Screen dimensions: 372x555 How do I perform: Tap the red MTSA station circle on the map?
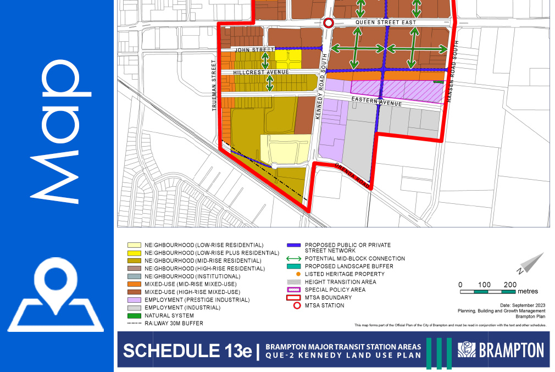pyautogui.click(x=329, y=23)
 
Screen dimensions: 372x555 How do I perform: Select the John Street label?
pyautogui.click(x=254, y=50)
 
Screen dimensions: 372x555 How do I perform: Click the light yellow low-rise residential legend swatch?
pyautogui.click(x=134, y=245)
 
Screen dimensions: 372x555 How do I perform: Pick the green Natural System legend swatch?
pyautogui.click(x=134, y=316)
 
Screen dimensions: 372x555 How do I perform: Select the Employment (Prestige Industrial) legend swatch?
pyautogui.click(x=134, y=300)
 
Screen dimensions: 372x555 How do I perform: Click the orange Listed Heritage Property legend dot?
pyautogui.click(x=297, y=274)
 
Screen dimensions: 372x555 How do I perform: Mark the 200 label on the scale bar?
pyautogui.click(x=510, y=284)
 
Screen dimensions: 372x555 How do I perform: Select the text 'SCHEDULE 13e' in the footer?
pyautogui.click(x=186, y=351)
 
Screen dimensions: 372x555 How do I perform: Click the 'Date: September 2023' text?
pyautogui.click(x=523, y=304)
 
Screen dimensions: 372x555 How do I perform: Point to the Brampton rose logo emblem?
pyautogui.click(x=467, y=350)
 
